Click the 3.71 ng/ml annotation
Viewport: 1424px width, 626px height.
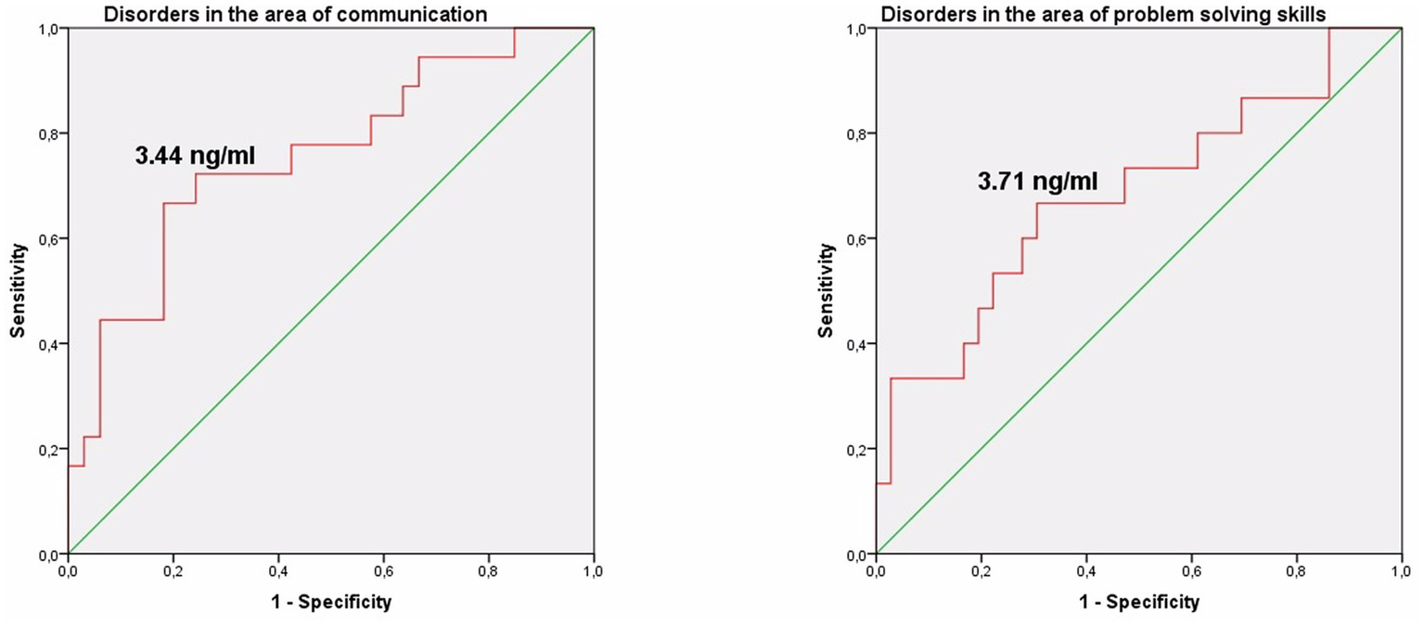[x=1038, y=181]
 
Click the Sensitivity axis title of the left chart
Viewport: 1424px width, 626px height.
[x=18, y=291]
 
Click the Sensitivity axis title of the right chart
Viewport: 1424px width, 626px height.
[x=826, y=291]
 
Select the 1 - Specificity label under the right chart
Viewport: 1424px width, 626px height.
[x=1138, y=603]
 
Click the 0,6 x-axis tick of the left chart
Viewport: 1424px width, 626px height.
[x=383, y=570]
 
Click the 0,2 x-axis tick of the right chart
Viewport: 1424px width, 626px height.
[x=981, y=570]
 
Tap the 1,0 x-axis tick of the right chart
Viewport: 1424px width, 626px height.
[x=1402, y=570]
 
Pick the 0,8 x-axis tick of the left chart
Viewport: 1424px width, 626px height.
[x=489, y=570]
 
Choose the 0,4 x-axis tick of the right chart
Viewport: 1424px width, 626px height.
[x=1086, y=570]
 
